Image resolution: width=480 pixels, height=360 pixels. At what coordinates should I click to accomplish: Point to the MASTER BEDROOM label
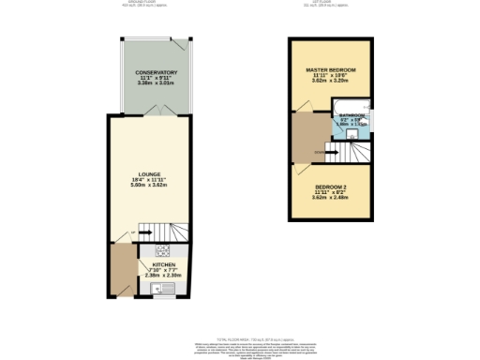[x=335, y=70]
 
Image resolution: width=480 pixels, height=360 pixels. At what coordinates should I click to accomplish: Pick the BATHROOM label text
[x=353, y=115]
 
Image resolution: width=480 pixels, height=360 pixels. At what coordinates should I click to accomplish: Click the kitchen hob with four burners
[x=163, y=251]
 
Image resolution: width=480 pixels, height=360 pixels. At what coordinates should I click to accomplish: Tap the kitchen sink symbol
[x=157, y=289]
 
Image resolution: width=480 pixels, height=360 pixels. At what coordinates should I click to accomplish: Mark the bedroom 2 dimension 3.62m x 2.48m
[x=335, y=200]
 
